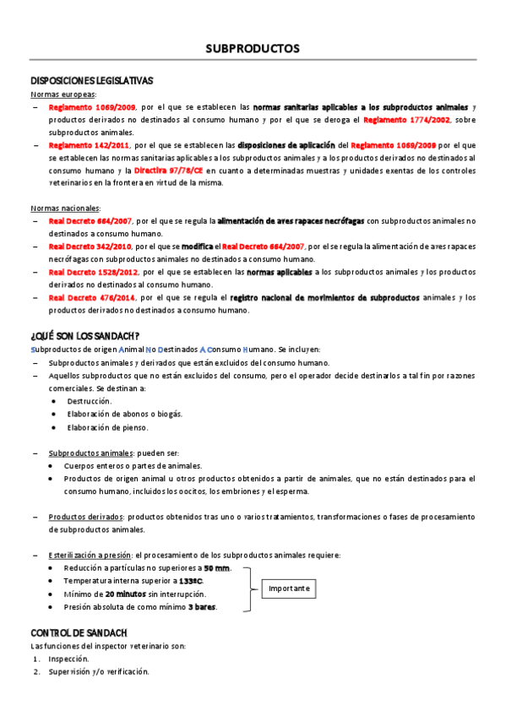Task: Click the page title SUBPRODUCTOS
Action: coord(253,49)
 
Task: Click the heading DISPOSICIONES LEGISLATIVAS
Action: coord(91,81)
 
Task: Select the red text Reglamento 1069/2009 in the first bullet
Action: coord(80,108)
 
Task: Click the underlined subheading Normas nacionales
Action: coord(65,208)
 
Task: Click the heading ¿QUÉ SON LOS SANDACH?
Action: coord(85,335)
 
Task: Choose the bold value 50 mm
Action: coord(216,568)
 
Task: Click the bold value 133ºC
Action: coord(190,581)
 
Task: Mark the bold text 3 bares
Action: coord(202,606)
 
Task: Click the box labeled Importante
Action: coord(290,588)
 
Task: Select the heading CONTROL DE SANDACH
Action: coord(79,632)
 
